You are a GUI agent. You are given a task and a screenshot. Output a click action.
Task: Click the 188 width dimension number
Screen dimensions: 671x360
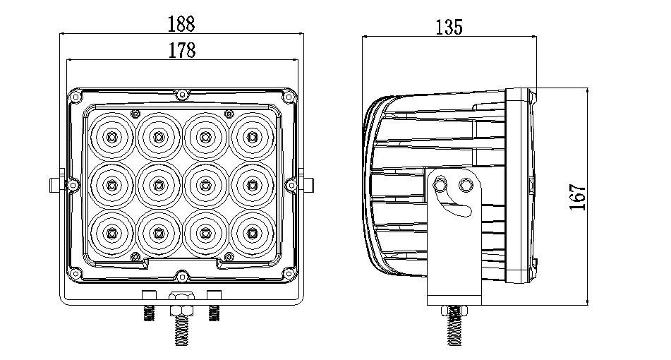point(181,23)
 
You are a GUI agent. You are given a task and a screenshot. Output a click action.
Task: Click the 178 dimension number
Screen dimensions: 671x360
point(182,50)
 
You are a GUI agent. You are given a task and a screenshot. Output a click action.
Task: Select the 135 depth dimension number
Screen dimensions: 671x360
point(449,27)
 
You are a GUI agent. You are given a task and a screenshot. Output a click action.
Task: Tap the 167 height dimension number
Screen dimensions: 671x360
point(578,197)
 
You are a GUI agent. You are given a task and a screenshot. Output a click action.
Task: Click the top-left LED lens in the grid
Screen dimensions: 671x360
point(112,136)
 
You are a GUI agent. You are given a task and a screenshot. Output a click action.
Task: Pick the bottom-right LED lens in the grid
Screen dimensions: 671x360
point(252,233)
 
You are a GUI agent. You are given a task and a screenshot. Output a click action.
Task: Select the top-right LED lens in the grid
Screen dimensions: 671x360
point(252,136)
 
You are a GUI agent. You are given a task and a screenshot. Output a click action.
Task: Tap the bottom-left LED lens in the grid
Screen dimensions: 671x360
point(112,233)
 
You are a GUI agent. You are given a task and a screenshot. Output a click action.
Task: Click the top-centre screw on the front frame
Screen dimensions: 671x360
point(182,94)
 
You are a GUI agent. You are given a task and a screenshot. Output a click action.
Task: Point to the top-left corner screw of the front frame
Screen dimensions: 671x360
point(75,97)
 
